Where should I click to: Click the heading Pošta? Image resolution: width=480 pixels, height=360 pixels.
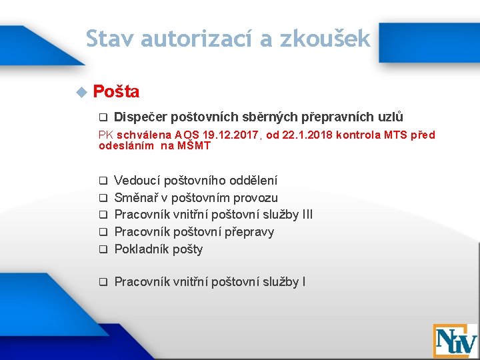[x=116, y=91]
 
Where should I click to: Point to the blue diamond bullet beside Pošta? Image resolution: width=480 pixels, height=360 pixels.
[x=82, y=92]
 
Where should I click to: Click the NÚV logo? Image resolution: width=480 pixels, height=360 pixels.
[x=455, y=341]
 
